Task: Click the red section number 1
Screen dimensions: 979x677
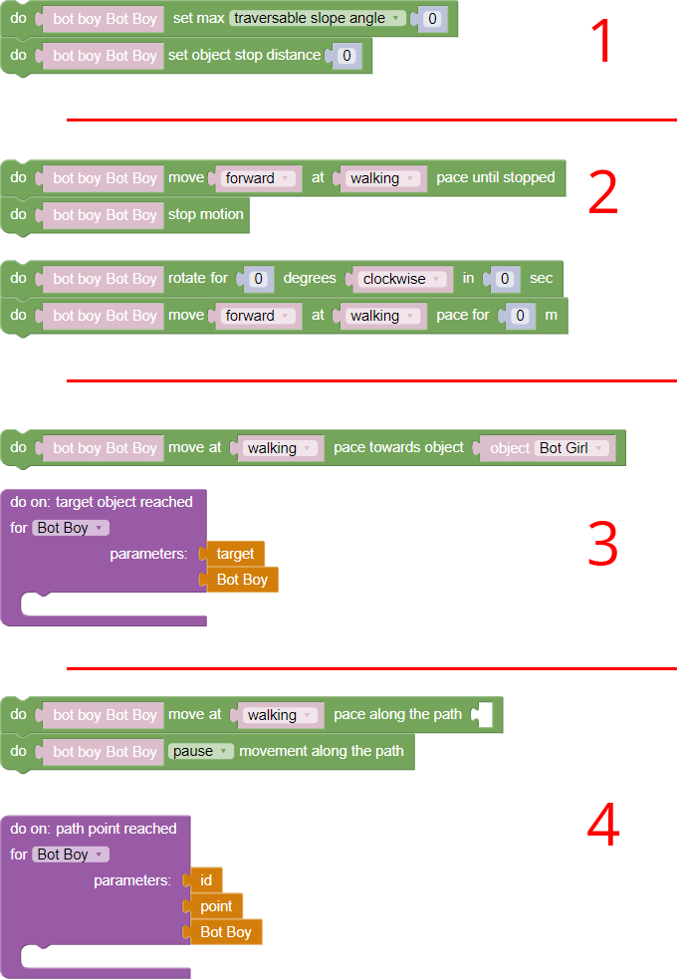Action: (603, 42)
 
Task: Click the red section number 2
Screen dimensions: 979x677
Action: (603, 193)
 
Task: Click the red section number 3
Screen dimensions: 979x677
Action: (603, 544)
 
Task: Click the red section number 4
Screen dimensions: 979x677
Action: (603, 826)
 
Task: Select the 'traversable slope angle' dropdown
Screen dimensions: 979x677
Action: (318, 18)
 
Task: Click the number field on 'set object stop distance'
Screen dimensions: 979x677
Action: (346, 56)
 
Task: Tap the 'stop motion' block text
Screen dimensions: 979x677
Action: (205, 214)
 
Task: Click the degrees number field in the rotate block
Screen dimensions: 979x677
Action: (258, 279)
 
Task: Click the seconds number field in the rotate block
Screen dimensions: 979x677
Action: (506, 279)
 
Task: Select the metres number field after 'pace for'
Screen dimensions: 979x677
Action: (520, 316)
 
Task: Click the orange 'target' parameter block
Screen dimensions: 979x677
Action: (235, 554)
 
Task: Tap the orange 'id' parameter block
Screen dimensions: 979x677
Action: (206, 880)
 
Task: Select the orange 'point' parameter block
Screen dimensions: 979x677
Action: (216, 906)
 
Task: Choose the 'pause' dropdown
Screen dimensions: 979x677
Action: (200, 751)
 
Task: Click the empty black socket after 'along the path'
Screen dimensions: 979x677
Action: (482, 714)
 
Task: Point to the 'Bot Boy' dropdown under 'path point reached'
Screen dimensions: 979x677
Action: (70, 855)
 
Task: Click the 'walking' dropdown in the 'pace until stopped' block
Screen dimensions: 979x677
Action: (382, 178)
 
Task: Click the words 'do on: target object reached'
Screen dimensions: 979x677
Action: (102, 502)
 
